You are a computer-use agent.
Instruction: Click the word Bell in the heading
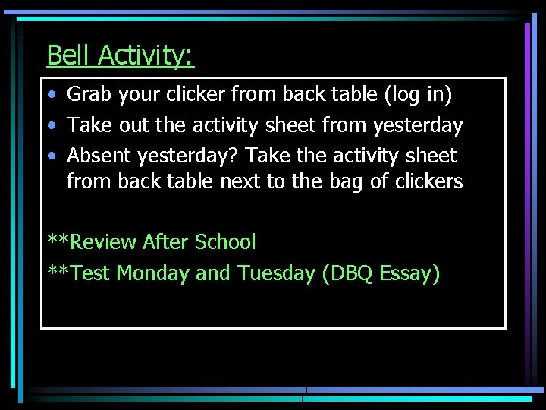point(69,55)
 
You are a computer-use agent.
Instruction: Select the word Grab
point(88,95)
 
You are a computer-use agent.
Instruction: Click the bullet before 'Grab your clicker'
point(50,95)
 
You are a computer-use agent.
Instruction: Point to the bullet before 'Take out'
point(50,125)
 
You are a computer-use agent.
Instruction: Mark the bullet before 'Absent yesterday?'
point(50,156)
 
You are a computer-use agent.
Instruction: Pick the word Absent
point(99,156)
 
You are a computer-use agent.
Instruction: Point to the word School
point(225,242)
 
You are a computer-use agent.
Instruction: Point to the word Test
point(89,273)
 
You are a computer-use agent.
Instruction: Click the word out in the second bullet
point(133,125)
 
